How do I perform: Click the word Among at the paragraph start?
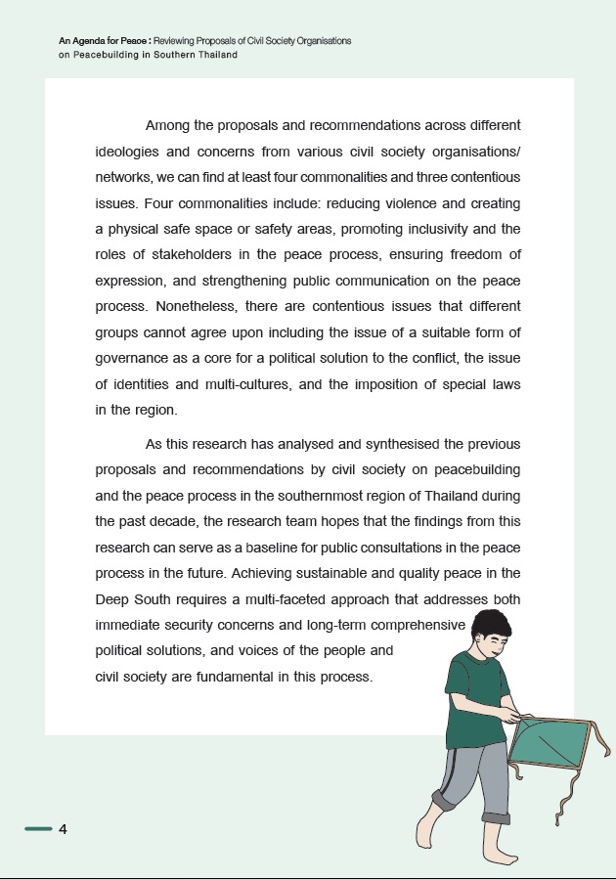pos(169,126)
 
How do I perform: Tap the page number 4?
pos(64,829)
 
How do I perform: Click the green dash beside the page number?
pos(38,829)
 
